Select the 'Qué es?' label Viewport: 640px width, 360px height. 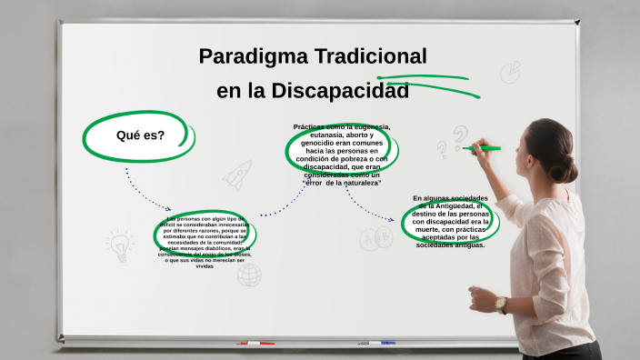pyautogui.click(x=140, y=135)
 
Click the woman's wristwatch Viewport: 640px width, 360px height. pyautogui.click(x=501, y=304)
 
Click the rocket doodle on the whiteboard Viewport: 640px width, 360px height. pyautogui.click(x=237, y=174)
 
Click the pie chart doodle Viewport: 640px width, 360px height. pyautogui.click(x=510, y=71)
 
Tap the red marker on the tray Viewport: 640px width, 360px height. pyautogui.click(x=255, y=344)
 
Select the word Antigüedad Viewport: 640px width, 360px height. pyautogui.click(x=453, y=206)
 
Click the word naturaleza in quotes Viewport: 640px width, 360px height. pyautogui.click(x=358, y=183)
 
